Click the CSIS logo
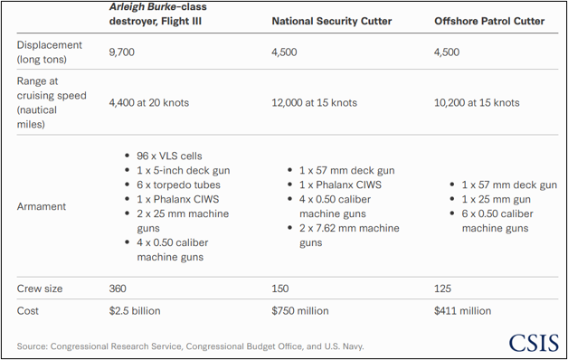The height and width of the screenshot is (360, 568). [x=534, y=343]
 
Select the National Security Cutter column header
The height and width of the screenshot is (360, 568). [x=332, y=21]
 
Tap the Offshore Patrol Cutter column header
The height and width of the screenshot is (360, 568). [x=489, y=21]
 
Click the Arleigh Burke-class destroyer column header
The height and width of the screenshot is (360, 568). [x=158, y=14]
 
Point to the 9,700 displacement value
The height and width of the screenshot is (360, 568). [x=122, y=52]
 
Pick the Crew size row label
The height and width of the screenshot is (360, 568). [x=40, y=289]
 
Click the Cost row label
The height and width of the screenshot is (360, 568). [x=27, y=311]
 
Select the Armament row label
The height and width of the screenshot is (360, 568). [x=42, y=206]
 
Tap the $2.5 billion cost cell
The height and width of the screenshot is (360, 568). [x=135, y=311]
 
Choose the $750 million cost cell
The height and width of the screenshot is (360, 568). [x=300, y=311]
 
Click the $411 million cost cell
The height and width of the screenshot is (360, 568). [x=462, y=311]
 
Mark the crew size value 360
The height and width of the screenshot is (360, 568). [x=118, y=289]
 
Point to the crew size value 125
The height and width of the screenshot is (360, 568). [x=442, y=289]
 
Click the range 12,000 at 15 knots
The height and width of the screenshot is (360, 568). [x=315, y=103]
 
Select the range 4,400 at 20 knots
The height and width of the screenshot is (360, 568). [x=149, y=103]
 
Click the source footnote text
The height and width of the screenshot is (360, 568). [x=190, y=346]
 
